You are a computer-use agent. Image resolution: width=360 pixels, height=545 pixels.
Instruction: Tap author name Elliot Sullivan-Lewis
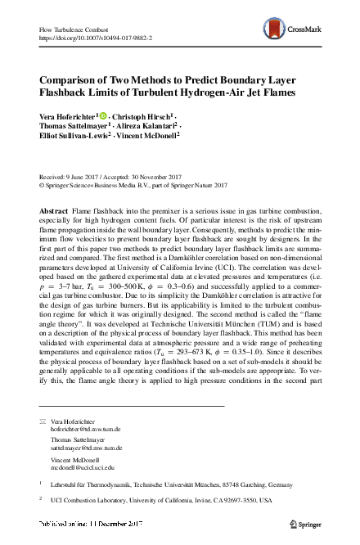click(x=72, y=137)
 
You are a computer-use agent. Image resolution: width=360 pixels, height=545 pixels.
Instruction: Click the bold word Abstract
click(x=53, y=211)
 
